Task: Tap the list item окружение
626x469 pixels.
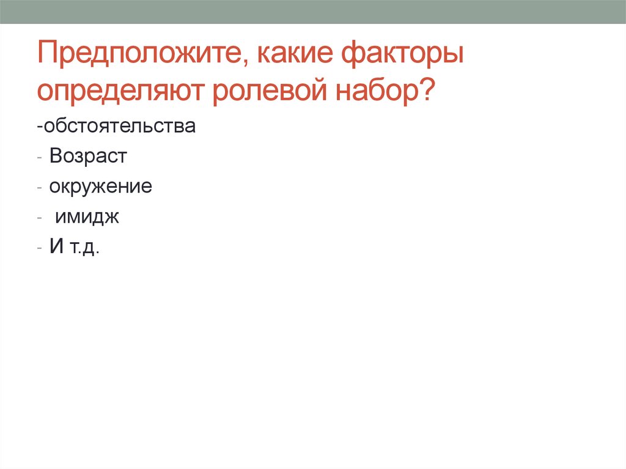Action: [101, 186]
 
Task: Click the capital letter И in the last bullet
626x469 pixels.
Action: [57, 248]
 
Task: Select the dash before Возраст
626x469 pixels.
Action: [39, 158]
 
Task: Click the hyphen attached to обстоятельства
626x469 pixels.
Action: [39, 128]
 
